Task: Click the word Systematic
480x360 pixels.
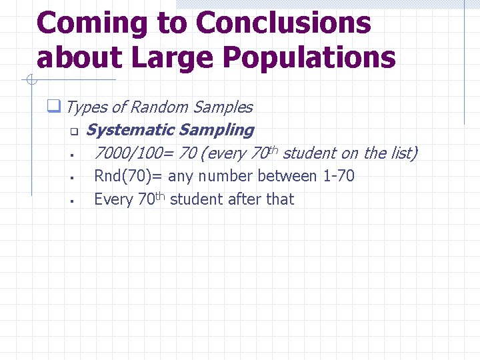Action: pyautogui.click(x=130, y=130)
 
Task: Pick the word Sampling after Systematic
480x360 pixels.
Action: pyautogui.click(x=217, y=130)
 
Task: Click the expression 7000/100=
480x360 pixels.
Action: pyautogui.click(x=134, y=153)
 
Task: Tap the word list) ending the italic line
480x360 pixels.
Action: pyautogui.click(x=402, y=153)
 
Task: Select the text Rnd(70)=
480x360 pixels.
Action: pyautogui.click(x=129, y=177)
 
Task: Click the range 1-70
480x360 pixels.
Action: pyautogui.click(x=340, y=177)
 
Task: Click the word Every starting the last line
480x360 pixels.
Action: pyautogui.click(x=113, y=199)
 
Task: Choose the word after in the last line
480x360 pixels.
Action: pyautogui.click(x=244, y=199)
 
